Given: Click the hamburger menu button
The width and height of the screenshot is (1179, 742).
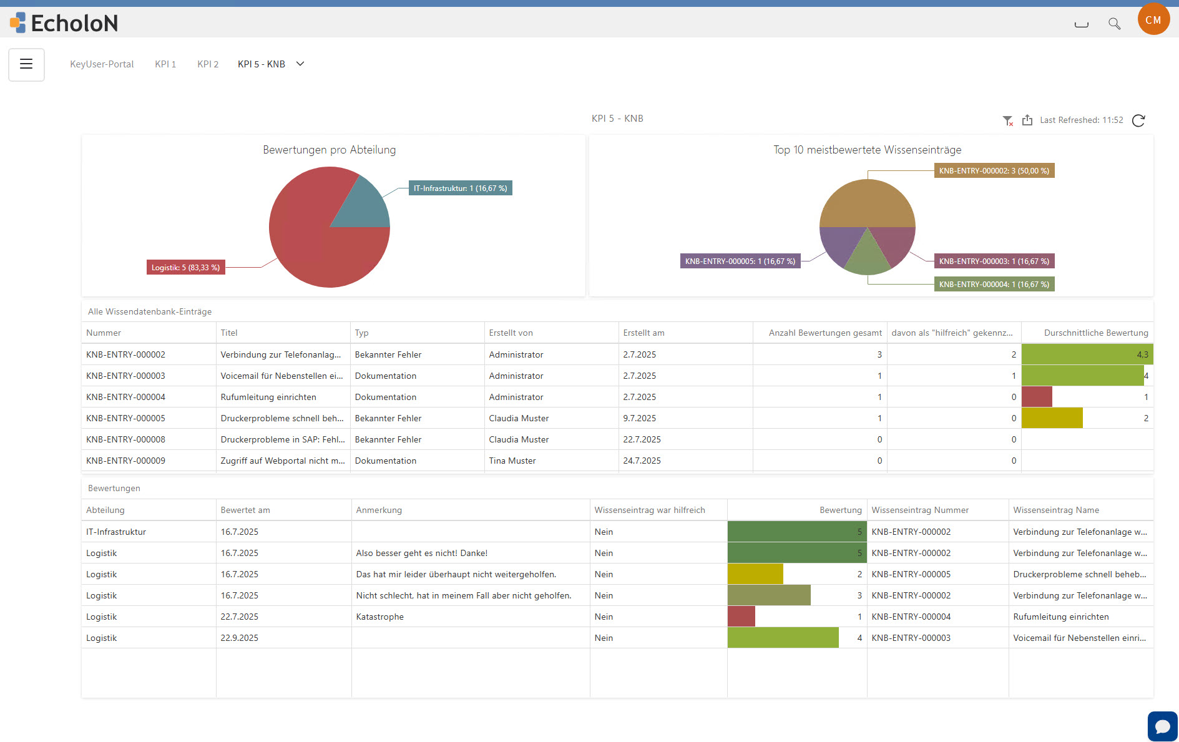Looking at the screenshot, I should point(26,64).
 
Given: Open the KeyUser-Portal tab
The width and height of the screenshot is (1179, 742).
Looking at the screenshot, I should point(102,64).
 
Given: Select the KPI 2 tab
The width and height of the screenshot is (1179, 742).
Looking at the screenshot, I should point(208,64).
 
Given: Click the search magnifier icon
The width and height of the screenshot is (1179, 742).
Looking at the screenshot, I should point(1114,24).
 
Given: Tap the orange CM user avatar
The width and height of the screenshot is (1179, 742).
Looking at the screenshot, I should point(1153,20).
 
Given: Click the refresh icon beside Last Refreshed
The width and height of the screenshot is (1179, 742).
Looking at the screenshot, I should point(1138,120).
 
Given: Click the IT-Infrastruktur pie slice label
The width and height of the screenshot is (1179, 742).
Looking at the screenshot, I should point(460,188).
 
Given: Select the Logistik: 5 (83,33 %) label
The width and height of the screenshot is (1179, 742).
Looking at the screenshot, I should point(185,268).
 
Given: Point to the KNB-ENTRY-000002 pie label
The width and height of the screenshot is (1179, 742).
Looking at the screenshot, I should point(994,171).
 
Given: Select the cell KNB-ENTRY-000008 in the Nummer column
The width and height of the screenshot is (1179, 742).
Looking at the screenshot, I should point(126,439).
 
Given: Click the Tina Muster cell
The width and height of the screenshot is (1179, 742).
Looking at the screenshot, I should point(512,461).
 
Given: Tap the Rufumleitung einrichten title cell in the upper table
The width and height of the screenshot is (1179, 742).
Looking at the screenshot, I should point(268,397).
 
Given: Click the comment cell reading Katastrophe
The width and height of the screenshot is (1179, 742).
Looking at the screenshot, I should point(379,617).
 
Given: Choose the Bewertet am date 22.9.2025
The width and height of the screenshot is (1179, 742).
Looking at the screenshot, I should point(239,638).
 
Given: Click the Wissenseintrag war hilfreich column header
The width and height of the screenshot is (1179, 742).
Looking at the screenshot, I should point(650,510).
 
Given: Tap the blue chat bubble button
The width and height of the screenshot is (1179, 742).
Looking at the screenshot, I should point(1162,726).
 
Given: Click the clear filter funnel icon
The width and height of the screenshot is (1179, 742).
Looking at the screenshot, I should point(1007,120).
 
